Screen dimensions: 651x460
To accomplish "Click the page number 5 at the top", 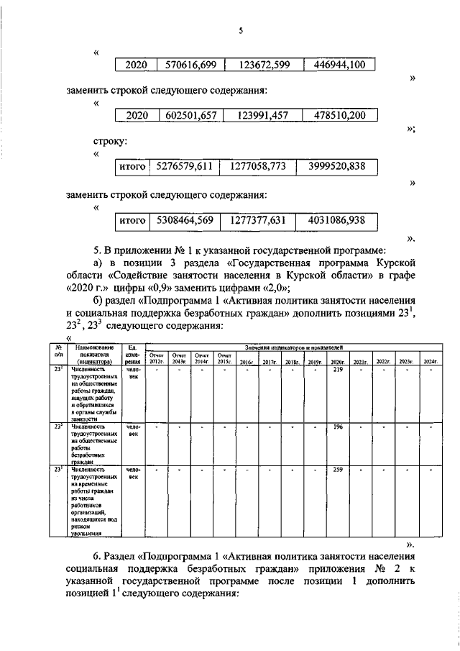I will (x=241, y=30).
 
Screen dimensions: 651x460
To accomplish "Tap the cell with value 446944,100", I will (x=335, y=65).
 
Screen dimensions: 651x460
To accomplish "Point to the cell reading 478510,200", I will (x=335, y=115).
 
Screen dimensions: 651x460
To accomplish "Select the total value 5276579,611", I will (x=185, y=167).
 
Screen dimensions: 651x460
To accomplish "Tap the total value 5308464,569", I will (x=185, y=219).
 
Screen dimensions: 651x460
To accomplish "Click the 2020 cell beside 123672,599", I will (x=136, y=65).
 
